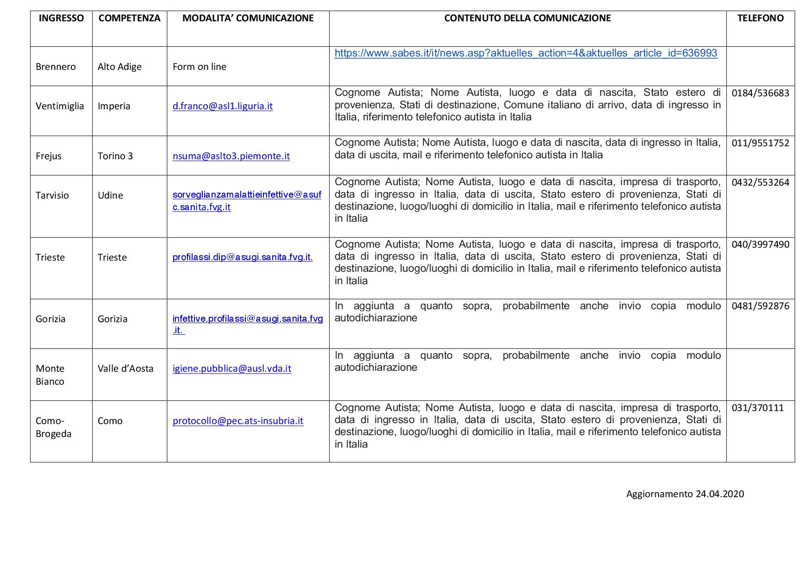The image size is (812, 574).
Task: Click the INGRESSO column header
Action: click(x=61, y=18)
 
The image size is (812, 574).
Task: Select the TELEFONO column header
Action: click(x=760, y=18)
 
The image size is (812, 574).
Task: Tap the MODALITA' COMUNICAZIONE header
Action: click(x=248, y=18)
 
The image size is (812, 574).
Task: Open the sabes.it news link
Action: click(x=525, y=53)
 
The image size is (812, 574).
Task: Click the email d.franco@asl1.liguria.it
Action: click(x=222, y=106)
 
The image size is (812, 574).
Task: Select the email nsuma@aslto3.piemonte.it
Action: click(x=231, y=156)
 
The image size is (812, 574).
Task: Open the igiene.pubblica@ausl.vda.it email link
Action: click(x=231, y=368)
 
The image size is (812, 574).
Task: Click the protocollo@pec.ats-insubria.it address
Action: click(x=237, y=421)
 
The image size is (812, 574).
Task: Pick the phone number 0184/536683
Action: click(x=760, y=93)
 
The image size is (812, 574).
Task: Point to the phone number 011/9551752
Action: click(x=760, y=143)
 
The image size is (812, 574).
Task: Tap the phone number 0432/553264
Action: click(x=760, y=182)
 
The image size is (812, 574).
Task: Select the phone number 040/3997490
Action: click(x=760, y=244)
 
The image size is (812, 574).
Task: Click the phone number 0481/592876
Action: click(x=760, y=306)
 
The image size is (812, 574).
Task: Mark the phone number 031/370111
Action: click(x=757, y=408)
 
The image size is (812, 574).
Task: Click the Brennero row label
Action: click(x=56, y=67)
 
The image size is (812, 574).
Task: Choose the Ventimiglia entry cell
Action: click(x=60, y=106)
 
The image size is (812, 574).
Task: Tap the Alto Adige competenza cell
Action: click(x=119, y=67)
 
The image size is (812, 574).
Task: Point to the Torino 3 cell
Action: click(x=115, y=156)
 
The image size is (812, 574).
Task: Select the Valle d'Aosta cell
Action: click(x=125, y=368)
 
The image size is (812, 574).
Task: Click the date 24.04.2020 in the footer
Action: click(x=719, y=494)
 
